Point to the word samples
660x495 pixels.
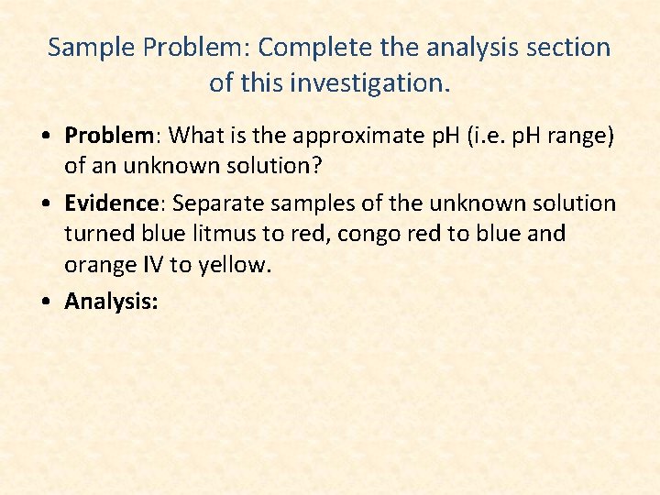click(x=312, y=203)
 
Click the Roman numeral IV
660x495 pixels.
click(x=155, y=266)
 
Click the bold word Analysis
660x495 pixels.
click(x=111, y=301)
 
